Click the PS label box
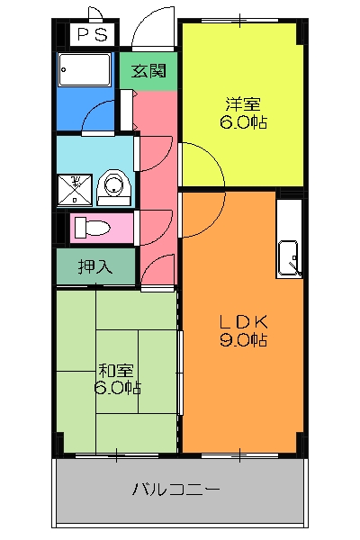pos(90,35)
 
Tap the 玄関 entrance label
pos(149,70)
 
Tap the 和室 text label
pos(116,369)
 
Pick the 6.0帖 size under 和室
pos(116,388)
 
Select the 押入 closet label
pos(95,266)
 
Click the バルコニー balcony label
pos(175,490)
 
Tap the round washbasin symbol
pos(113,185)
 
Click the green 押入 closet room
pos(95,266)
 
